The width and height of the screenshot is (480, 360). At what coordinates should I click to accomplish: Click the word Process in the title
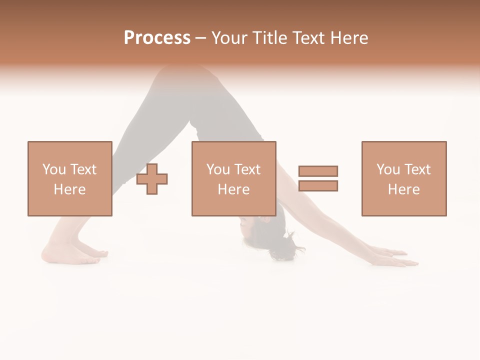coord(157,38)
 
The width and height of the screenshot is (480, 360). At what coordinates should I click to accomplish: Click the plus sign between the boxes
coord(152,179)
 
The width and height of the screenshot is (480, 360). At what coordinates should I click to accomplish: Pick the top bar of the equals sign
coord(318,171)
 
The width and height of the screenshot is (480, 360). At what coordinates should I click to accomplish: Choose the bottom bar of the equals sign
coord(318,185)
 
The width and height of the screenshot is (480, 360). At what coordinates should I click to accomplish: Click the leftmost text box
coord(70,178)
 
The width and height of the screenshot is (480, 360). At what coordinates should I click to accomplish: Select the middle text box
coord(233,178)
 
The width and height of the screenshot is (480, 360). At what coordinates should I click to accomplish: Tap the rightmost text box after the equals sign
coord(404,178)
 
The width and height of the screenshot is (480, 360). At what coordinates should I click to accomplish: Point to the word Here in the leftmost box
coord(69,189)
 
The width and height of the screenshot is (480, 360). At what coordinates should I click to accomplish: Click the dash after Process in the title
coord(200,38)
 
